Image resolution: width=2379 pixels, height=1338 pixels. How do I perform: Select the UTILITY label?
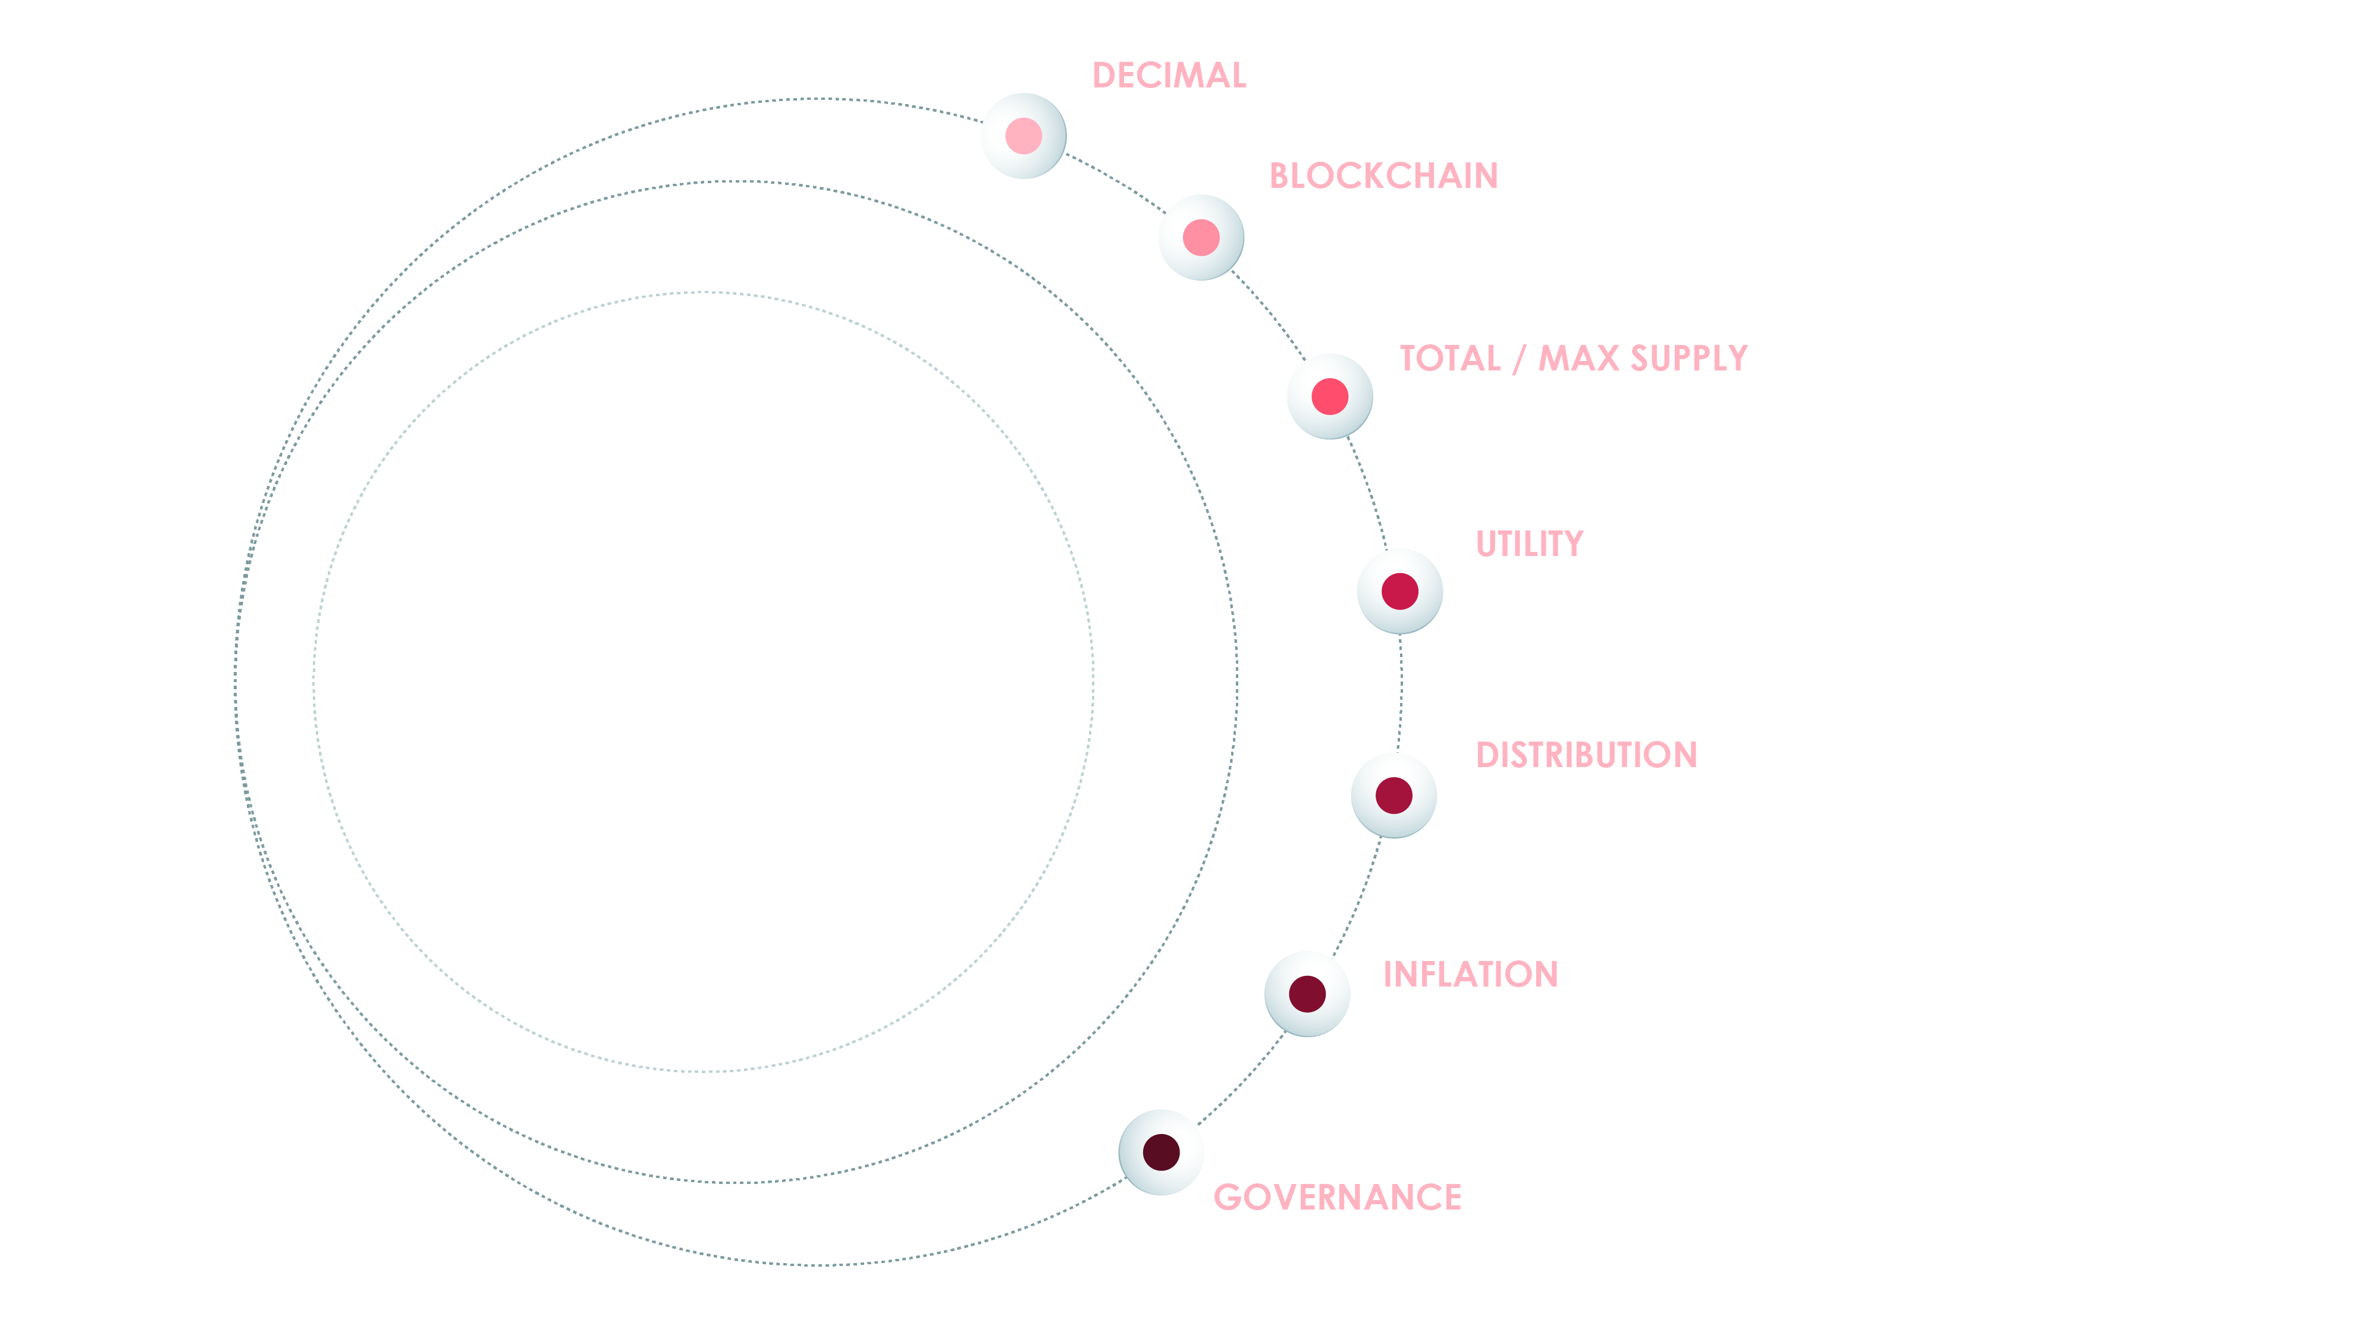tap(1529, 544)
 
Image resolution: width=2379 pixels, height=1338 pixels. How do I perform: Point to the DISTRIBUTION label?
tap(1586, 755)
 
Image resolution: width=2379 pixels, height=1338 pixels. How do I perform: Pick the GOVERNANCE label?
tap(1336, 1198)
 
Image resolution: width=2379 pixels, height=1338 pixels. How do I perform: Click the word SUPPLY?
tap(1688, 358)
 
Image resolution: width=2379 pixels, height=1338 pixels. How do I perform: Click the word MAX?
tap(1577, 358)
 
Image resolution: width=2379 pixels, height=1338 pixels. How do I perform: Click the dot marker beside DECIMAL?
tap(1023, 136)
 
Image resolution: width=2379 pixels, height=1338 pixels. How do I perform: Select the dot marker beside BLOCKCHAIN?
tap(1201, 237)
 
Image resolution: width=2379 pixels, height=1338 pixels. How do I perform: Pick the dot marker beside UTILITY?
tap(1399, 591)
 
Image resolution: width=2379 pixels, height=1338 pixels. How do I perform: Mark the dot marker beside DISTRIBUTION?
tap(1393, 795)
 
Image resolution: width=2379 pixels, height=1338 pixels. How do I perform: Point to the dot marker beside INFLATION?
tap(1307, 994)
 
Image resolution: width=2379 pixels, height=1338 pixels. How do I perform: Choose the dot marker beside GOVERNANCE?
tap(1161, 1152)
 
